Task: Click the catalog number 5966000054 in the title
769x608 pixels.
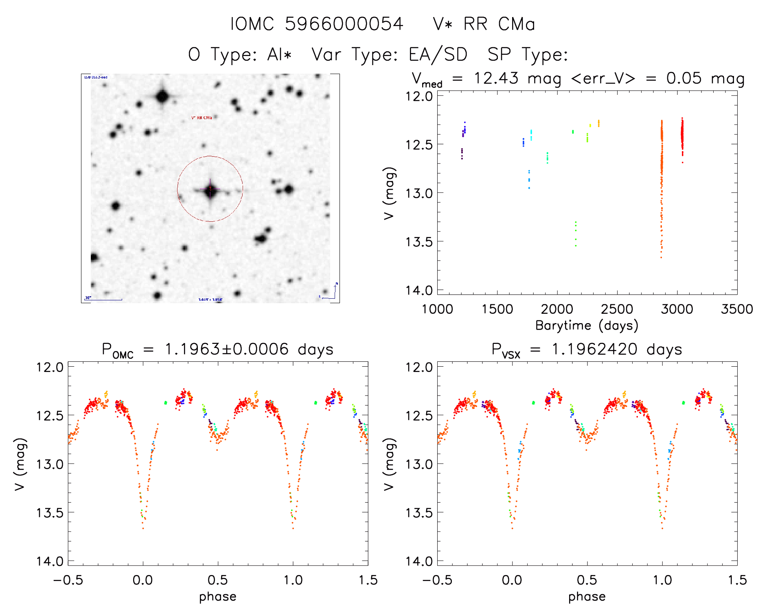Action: (x=344, y=24)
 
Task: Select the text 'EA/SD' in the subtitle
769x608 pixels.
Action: (x=438, y=55)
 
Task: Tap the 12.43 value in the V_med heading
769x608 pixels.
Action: (x=496, y=79)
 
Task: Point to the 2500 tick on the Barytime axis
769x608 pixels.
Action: (x=617, y=309)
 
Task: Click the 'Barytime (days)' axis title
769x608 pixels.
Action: (x=587, y=326)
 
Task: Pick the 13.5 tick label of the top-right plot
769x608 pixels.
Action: (x=419, y=242)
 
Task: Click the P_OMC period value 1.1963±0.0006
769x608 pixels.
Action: (x=226, y=350)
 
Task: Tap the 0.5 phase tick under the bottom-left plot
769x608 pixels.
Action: (x=218, y=580)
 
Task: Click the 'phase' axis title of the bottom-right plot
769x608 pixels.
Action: (x=587, y=597)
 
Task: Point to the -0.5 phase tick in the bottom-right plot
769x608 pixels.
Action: (x=437, y=580)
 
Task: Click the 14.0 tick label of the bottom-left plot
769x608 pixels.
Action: (x=50, y=561)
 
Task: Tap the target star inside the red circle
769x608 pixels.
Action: (x=210, y=189)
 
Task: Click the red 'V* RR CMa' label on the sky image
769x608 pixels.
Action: (x=202, y=118)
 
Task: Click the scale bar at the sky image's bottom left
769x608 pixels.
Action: (x=103, y=300)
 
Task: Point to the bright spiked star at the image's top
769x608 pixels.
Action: (x=162, y=97)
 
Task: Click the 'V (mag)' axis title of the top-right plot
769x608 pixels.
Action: (x=389, y=193)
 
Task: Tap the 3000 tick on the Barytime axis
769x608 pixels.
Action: (x=677, y=309)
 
